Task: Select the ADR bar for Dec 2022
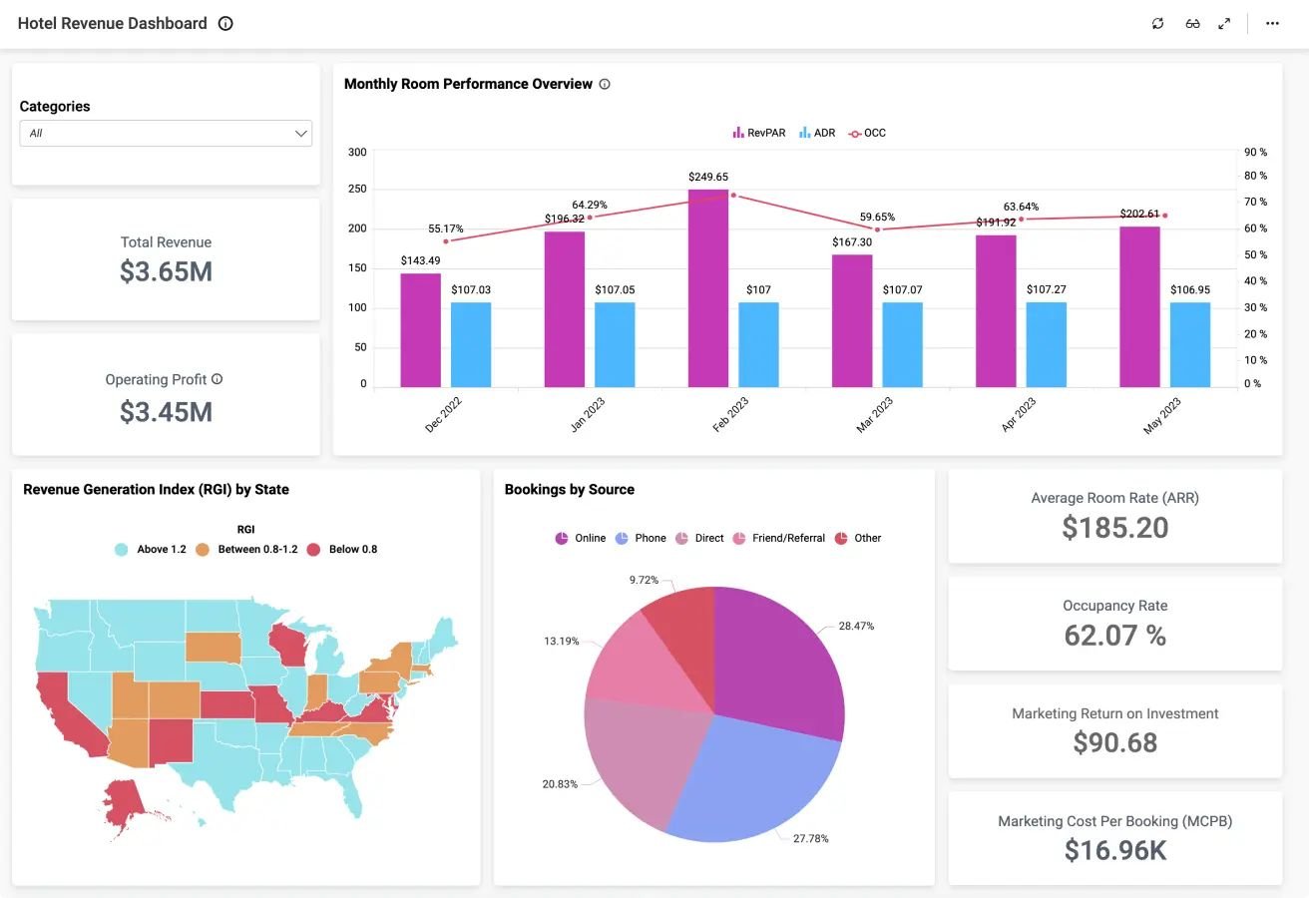(x=471, y=344)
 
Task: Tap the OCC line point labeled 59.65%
(x=877, y=229)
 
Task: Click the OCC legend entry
(x=867, y=133)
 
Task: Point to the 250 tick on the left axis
(x=357, y=189)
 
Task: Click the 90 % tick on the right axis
(x=1255, y=153)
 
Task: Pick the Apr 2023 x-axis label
(x=1019, y=414)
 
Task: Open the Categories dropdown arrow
(x=300, y=134)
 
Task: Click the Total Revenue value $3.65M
(x=166, y=271)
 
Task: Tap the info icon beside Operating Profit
(x=217, y=379)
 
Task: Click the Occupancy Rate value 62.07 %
(x=1114, y=636)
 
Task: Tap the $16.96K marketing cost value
(x=1114, y=850)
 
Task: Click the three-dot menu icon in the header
(x=1272, y=24)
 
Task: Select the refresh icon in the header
(x=1157, y=24)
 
